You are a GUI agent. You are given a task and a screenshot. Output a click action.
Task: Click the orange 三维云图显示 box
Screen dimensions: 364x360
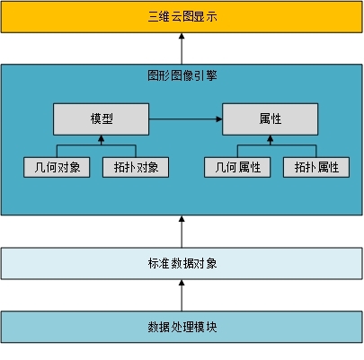(182, 17)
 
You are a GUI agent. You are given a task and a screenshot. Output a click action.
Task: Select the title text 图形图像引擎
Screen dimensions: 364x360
(182, 75)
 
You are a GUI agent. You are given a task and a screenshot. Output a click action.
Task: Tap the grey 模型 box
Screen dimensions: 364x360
(102, 119)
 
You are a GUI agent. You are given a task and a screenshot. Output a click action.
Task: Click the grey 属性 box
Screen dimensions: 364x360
(271, 119)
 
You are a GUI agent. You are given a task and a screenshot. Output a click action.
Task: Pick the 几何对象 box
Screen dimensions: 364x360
(57, 167)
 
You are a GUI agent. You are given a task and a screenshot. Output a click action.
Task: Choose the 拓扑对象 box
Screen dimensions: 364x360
(136, 167)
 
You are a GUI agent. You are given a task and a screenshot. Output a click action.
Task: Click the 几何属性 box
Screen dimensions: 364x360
(237, 167)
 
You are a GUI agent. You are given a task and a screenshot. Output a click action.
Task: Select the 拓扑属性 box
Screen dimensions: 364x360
(316, 167)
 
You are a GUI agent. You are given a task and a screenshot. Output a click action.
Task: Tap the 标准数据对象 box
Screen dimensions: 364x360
(182, 263)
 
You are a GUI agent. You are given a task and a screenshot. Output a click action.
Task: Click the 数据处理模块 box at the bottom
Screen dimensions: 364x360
(182, 327)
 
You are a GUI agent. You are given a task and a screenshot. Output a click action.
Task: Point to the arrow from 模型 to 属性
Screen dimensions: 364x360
(186, 119)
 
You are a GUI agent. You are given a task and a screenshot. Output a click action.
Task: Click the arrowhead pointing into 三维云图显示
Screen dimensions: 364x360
(182, 36)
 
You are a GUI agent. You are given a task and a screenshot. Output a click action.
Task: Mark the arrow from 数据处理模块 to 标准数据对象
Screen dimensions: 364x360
(182, 295)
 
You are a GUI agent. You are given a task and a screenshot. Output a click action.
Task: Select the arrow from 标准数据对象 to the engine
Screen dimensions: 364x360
(182, 232)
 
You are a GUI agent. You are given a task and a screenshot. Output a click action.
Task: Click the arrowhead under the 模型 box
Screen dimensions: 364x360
(102, 138)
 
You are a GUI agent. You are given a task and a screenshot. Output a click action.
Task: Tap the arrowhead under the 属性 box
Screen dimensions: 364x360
(271, 138)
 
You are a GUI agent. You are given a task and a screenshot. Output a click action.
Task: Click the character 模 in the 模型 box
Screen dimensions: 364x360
(95, 119)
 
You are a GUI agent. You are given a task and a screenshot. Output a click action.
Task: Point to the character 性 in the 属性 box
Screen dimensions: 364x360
(276, 119)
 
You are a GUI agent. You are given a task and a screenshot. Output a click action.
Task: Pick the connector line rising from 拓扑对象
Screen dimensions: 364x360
(136, 151)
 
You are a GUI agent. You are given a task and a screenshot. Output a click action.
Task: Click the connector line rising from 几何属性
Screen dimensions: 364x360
(237, 151)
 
